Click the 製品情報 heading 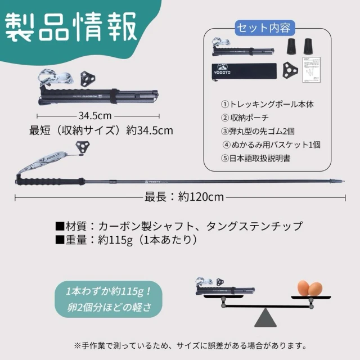tap(71, 27)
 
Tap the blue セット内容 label tap(264, 28)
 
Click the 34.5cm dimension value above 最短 tap(95, 116)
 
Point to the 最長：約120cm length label tap(184, 197)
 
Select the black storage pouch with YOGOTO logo tap(244, 71)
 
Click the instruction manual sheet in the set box tap(311, 70)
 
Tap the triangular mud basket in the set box tap(290, 70)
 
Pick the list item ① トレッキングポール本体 tap(267, 105)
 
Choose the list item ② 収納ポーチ tap(245, 118)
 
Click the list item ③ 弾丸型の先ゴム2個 tap(258, 131)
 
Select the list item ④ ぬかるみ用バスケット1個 tap(271, 145)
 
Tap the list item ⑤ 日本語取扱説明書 tap(256, 158)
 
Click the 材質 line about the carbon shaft tap(179, 226)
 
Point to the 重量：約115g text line tap(126, 240)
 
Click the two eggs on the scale tap(310, 288)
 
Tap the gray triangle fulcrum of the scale tap(265, 318)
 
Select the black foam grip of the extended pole tap(49, 181)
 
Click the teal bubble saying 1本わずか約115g tap(109, 299)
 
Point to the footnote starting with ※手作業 tap(190, 345)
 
